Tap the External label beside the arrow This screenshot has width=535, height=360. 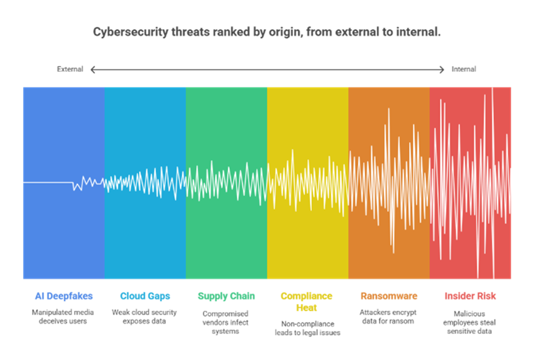point(70,69)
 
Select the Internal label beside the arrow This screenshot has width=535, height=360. point(464,69)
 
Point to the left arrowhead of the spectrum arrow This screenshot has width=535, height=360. point(93,70)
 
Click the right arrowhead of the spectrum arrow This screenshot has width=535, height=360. point(442,70)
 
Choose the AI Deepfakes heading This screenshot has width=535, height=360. point(64,296)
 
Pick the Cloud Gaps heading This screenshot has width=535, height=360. point(145,296)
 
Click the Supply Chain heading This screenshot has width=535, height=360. point(226,296)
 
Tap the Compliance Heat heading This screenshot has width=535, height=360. point(306,301)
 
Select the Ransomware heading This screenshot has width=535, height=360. point(389,296)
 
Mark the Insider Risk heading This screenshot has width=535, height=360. point(470,296)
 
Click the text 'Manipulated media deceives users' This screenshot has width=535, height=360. point(64,316)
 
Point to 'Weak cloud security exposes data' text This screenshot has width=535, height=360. point(145,316)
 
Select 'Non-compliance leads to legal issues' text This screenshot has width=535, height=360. point(306,327)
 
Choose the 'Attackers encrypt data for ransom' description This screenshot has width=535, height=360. point(389,316)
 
